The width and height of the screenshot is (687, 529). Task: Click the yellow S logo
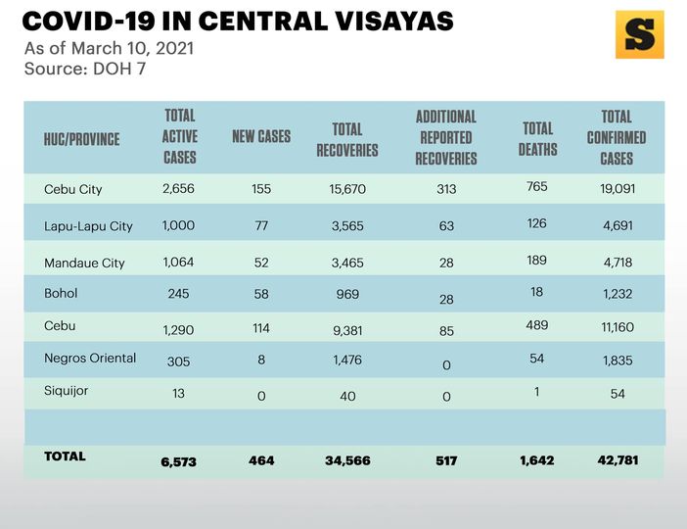(x=639, y=35)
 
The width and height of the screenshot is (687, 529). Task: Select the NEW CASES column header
(x=261, y=137)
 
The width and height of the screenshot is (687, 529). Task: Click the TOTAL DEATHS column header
(x=537, y=138)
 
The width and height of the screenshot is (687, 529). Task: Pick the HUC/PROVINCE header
(x=82, y=139)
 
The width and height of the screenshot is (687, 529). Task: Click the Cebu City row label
(x=73, y=189)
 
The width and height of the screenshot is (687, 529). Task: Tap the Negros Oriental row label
(x=90, y=359)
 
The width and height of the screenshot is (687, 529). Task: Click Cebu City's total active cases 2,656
(x=180, y=188)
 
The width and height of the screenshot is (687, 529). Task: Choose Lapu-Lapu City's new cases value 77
(x=260, y=225)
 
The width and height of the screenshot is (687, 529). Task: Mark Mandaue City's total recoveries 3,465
(x=347, y=263)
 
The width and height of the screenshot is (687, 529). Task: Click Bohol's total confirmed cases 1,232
(x=617, y=296)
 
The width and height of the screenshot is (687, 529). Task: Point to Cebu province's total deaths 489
(x=536, y=325)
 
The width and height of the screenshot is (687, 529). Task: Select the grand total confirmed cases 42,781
(x=618, y=460)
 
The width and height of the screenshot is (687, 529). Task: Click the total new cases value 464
(x=260, y=460)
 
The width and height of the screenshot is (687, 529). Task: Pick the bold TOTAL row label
(x=66, y=457)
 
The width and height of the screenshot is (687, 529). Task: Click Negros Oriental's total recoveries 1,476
(x=347, y=361)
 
